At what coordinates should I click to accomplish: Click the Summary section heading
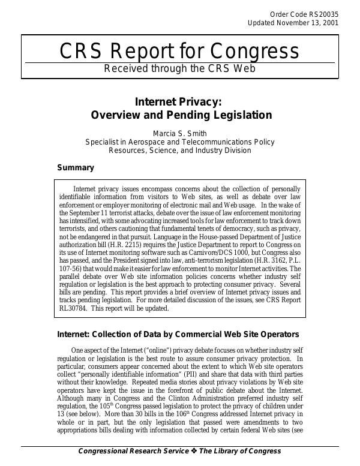pyautogui.click(x=75, y=167)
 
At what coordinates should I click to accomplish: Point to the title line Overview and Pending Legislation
pyautogui.click(x=180, y=115)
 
